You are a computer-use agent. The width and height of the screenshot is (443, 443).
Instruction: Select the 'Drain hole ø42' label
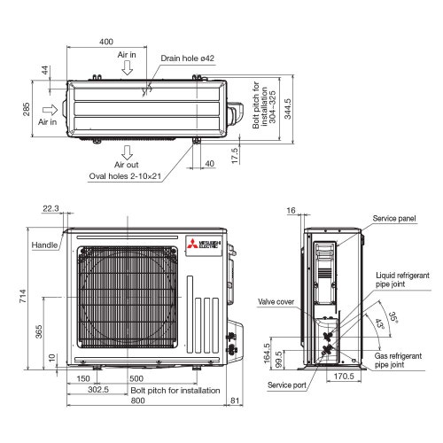[x=188, y=58]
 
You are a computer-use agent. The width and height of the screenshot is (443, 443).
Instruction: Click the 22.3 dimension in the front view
[x=51, y=209]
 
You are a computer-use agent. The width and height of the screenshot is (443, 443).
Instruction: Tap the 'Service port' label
[x=288, y=385]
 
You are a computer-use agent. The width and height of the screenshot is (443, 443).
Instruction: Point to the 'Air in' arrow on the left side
[x=51, y=111]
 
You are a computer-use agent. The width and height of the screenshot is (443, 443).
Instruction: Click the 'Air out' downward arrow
[x=128, y=148]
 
